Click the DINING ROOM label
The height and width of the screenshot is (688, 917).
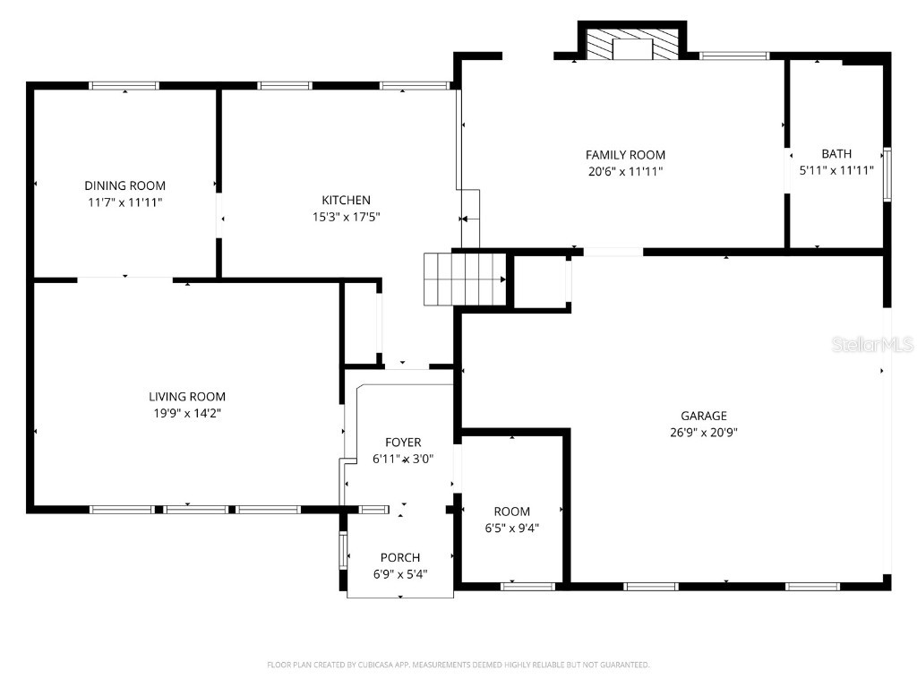tap(124, 185)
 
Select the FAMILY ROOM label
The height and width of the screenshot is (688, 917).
tap(625, 155)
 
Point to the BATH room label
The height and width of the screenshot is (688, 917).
tap(836, 154)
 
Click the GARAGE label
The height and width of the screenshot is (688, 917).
tap(703, 416)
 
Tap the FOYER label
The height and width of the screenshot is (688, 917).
tap(403, 443)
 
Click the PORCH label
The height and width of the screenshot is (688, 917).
tap(399, 557)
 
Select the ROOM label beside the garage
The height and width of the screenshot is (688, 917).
tap(511, 512)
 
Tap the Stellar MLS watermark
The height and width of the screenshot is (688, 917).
tap(871, 344)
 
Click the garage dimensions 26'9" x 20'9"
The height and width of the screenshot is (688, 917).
tap(703, 432)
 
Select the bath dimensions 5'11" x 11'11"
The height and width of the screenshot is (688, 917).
tap(836, 170)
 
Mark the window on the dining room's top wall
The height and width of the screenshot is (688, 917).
tap(124, 86)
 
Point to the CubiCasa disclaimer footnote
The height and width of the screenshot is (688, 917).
tap(458, 665)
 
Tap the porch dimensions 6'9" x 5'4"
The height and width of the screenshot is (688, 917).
tap(399, 573)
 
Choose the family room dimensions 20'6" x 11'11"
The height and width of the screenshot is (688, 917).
tap(625, 171)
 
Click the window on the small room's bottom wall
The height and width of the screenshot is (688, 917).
tap(527, 587)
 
